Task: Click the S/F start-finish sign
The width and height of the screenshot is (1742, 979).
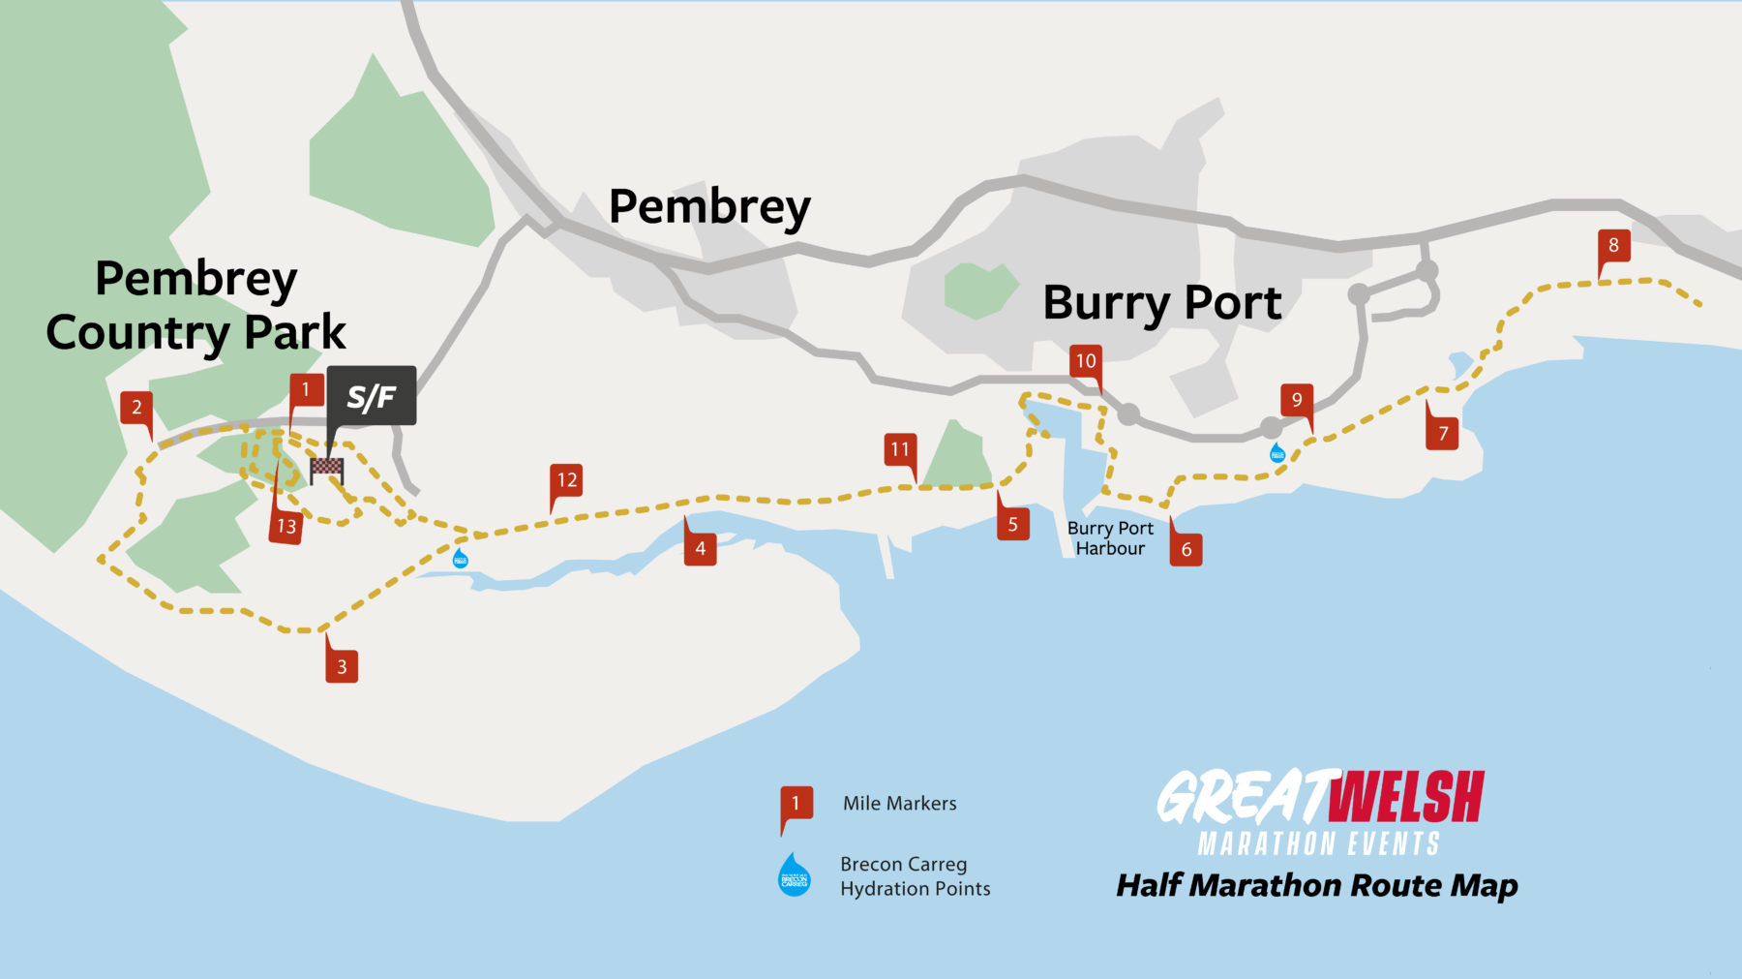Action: tap(372, 396)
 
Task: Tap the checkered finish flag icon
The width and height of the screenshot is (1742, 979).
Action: tap(326, 470)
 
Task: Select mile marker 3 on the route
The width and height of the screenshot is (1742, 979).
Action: tap(342, 666)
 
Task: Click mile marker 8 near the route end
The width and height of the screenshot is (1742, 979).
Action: tap(1613, 246)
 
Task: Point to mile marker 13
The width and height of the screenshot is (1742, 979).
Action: tap(286, 526)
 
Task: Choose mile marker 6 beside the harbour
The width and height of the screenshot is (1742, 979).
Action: tap(1186, 549)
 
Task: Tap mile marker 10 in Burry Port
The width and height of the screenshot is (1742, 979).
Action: tap(1086, 361)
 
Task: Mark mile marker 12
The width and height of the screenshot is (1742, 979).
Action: tap(567, 480)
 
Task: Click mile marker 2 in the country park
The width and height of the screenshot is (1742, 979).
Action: tap(136, 407)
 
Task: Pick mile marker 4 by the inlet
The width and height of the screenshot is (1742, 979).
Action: tap(701, 548)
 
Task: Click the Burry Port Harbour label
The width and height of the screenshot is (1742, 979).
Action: tap(1110, 538)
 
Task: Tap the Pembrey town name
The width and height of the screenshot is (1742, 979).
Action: tap(709, 207)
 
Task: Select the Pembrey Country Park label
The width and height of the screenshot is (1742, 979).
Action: tap(196, 305)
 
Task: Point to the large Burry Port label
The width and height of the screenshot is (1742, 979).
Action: tap(1161, 303)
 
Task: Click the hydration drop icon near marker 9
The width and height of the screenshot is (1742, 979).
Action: tap(1277, 452)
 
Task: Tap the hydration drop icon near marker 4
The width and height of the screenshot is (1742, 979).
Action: tap(461, 558)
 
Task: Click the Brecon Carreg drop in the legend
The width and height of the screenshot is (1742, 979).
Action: tap(796, 875)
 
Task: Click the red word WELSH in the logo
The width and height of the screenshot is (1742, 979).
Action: tap(1406, 798)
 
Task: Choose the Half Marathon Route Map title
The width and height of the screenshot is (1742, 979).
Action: tap(1317, 885)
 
